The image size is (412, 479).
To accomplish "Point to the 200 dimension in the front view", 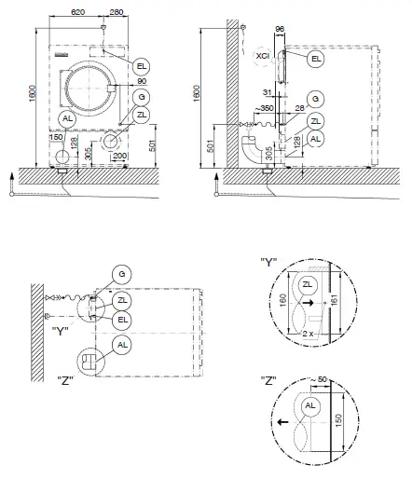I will (x=120, y=156).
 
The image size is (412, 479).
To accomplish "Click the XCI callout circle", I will (x=263, y=57).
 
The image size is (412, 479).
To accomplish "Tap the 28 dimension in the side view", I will (x=299, y=109).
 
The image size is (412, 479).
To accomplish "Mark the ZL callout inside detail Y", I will (x=309, y=283).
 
